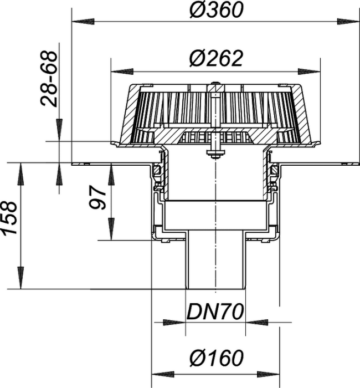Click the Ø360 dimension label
(x=217, y=10)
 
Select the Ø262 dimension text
(x=216, y=59)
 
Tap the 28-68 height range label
(x=49, y=79)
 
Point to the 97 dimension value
(x=97, y=198)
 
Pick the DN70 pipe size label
(x=215, y=312)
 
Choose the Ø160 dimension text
(x=217, y=358)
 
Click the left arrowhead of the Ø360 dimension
(x=83, y=22)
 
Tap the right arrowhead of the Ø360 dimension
(x=348, y=22)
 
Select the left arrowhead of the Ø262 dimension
(x=122, y=72)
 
